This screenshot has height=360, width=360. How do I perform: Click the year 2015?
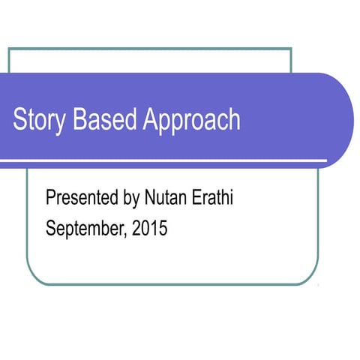pos(149,229)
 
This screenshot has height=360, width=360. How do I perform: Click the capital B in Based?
pos(80,120)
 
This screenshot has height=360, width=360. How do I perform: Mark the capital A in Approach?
pos(150,120)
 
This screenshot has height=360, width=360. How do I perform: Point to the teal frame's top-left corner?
pos(9,49)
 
